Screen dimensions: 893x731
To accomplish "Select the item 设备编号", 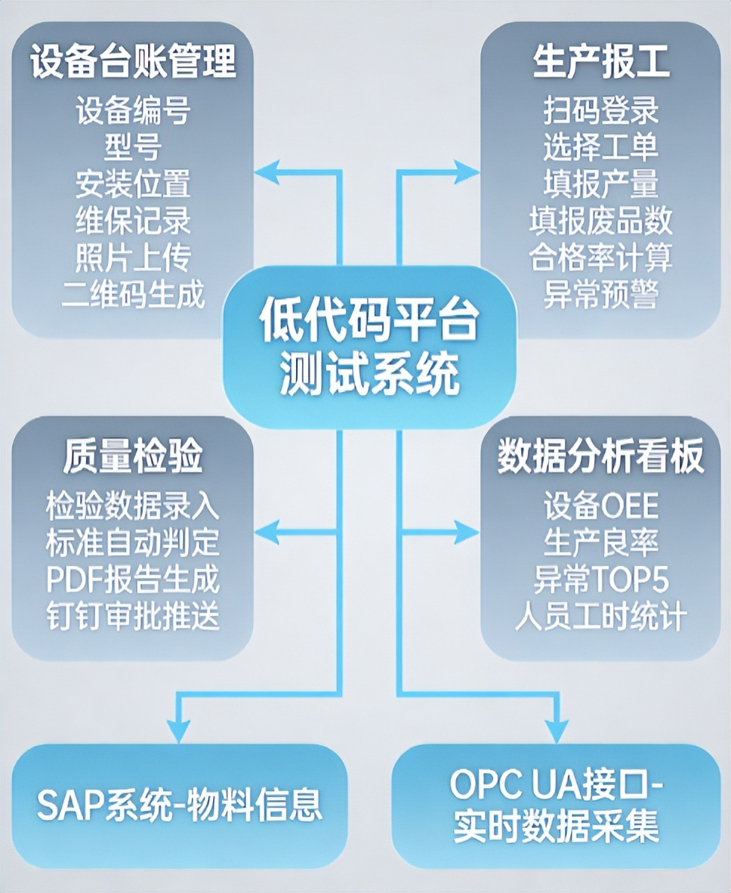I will pyautogui.click(x=133, y=111).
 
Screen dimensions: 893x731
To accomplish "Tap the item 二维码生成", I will pyautogui.click(x=133, y=294).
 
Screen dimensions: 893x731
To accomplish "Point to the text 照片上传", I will pyautogui.click(x=133, y=258).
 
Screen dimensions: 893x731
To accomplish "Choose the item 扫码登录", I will pyautogui.click(x=601, y=111).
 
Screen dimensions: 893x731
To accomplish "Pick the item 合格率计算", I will pyautogui.click(x=601, y=258).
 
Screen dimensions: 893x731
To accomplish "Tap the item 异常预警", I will pyautogui.click(x=601, y=294).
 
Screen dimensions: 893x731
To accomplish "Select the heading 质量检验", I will pyautogui.click(x=133, y=459).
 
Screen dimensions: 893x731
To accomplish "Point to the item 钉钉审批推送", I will pyautogui.click(x=133, y=616).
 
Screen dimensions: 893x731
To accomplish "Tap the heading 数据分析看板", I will pyautogui.click(x=601, y=459).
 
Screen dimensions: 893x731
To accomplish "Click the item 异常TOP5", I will pyautogui.click(x=601, y=579).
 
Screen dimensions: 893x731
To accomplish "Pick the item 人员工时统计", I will pyautogui.click(x=601, y=616).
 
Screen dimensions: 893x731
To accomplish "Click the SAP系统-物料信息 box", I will pyautogui.click(x=180, y=805).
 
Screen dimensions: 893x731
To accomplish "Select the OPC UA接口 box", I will pyautogui.click(x=557, y=805).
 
